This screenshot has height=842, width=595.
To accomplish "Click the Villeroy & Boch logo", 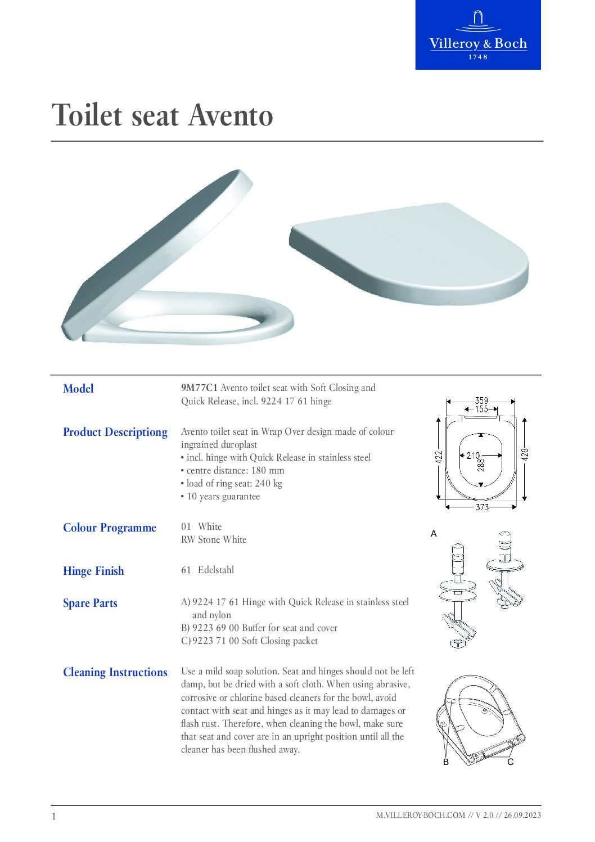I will tap(478, 35).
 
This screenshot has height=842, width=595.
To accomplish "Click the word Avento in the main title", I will tap(231, 116).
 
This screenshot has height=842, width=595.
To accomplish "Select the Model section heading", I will tap(78, 389).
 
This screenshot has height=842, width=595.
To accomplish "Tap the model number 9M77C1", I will tap(199, 388).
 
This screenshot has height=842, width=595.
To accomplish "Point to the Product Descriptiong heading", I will tap(115, 432).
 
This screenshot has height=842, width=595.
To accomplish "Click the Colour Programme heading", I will tap(110, 528).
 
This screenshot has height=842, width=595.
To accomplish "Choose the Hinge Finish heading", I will tap(93, 571).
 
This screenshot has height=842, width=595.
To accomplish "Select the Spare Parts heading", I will tap(90, 603).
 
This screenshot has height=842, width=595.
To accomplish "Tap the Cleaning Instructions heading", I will tap(115, 672).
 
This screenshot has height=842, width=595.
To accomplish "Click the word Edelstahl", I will tap(216, 570).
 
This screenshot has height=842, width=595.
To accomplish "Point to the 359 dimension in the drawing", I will tap(481, 400).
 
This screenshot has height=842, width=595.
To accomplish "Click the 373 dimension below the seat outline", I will tap(482, 507).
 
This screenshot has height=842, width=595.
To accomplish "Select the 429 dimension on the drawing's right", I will tap(525, 454).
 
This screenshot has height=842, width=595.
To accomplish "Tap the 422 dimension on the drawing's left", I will tap(439, 457).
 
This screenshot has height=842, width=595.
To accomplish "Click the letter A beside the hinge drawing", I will tap(434, 533).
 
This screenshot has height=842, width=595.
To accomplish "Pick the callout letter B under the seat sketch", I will tap(446, 762).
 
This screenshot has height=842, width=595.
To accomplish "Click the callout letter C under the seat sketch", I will tap(510, 762).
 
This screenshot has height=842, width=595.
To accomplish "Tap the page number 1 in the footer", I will tap(54, 816).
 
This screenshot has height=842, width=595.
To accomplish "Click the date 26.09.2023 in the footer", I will tap(522, 815).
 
